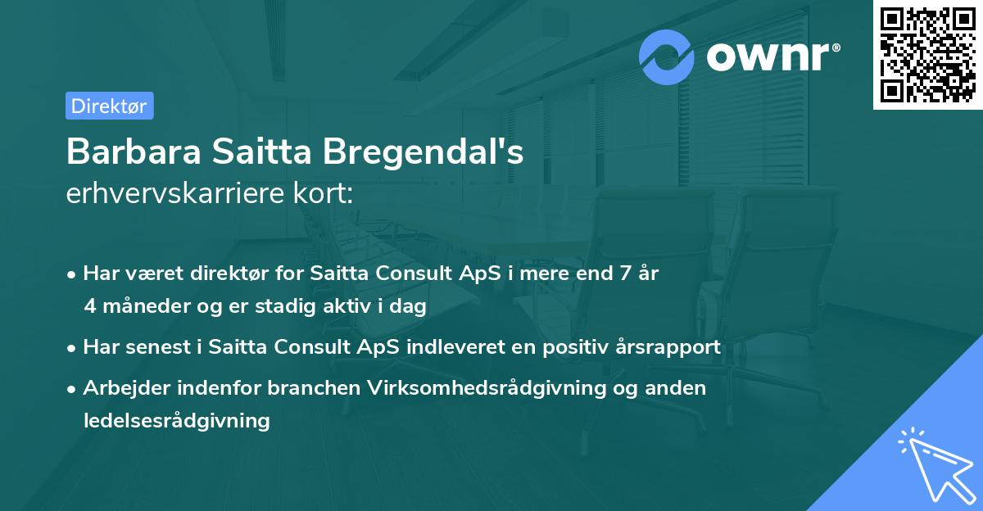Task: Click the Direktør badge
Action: [109, 106]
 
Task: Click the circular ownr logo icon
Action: [667, 57]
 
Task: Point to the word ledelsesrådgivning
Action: [176, 421]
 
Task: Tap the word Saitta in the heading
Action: [257, 151]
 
